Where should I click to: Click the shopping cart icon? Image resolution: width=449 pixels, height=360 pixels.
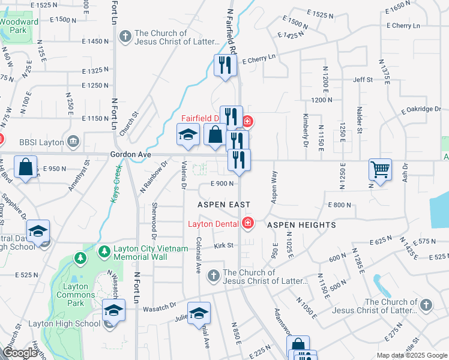pyautogui.click(x=380, y=170)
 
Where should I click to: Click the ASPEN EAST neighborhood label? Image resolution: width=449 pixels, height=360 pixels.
pyautogui.click(x=224, y=205)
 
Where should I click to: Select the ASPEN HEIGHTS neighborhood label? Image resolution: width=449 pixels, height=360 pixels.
pyautogui.click(x=301, y=224)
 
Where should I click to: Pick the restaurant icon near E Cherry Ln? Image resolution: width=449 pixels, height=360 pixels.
pyautogui.click(x=224, y=65)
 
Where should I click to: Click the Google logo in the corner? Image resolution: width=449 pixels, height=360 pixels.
pyautogui.click(x=19, y=353)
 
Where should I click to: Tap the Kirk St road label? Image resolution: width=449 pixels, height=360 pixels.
pyautogui.click(x=223, y=246)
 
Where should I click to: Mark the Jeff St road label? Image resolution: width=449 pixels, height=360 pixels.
pyautogui.click(x=363, y=79)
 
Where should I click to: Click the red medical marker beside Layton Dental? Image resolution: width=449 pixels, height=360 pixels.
pyautogui.click(x=247, y=224)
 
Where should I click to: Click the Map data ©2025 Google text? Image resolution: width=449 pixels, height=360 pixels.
pyautogui.click(x=411, y=355)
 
